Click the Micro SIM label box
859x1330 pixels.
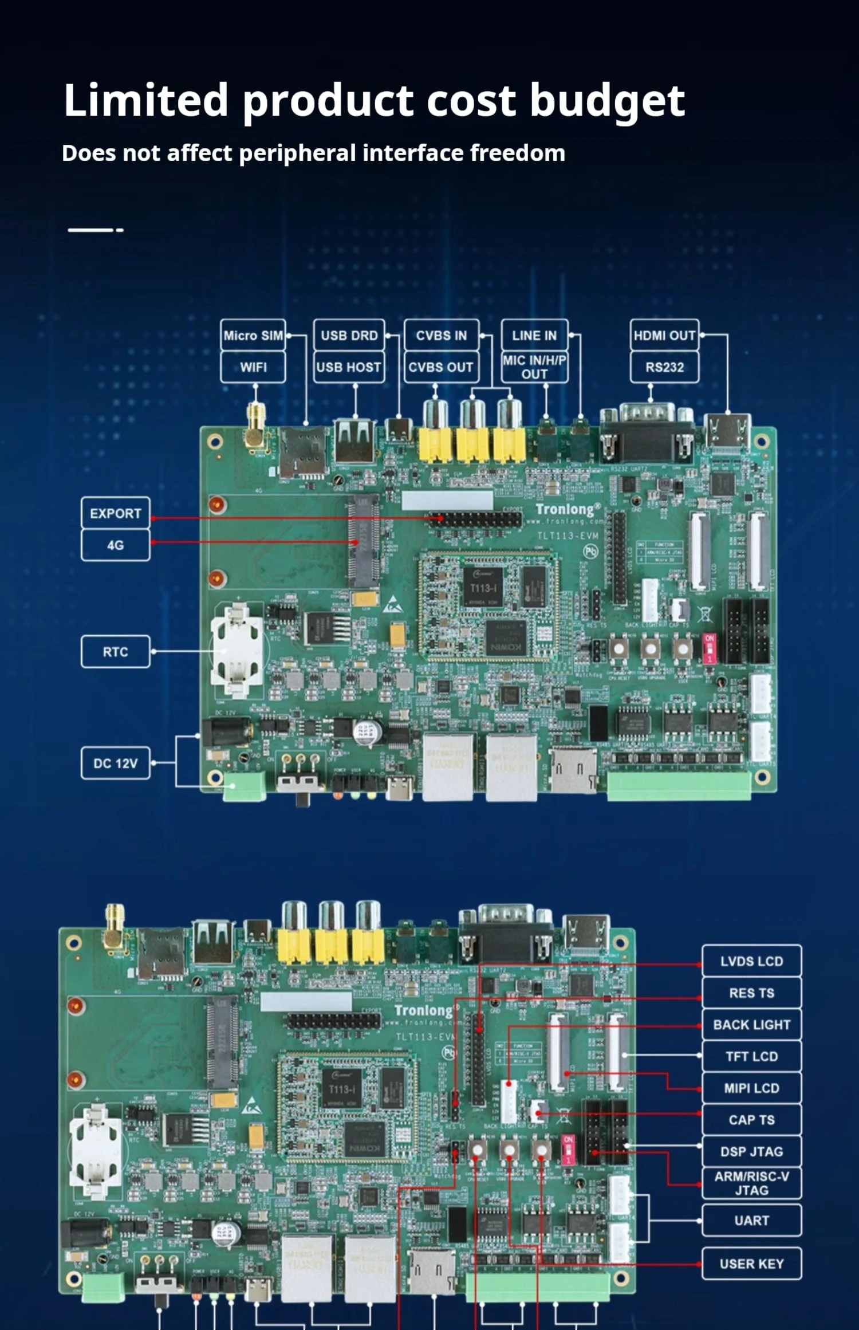253,335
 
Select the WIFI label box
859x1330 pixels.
253,367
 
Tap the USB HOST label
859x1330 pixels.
349,367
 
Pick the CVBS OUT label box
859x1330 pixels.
441,367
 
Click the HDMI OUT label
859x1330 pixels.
664,335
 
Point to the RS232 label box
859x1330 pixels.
664,367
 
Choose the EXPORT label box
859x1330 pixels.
116,513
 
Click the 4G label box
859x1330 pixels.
116,545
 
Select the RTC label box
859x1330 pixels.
116,652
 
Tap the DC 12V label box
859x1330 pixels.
116,764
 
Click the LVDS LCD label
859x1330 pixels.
751,961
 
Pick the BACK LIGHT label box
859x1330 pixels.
751,1025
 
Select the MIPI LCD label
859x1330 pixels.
751,1088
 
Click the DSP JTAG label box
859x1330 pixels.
751,1152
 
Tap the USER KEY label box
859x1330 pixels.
751,1264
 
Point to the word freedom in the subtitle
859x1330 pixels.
517,153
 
